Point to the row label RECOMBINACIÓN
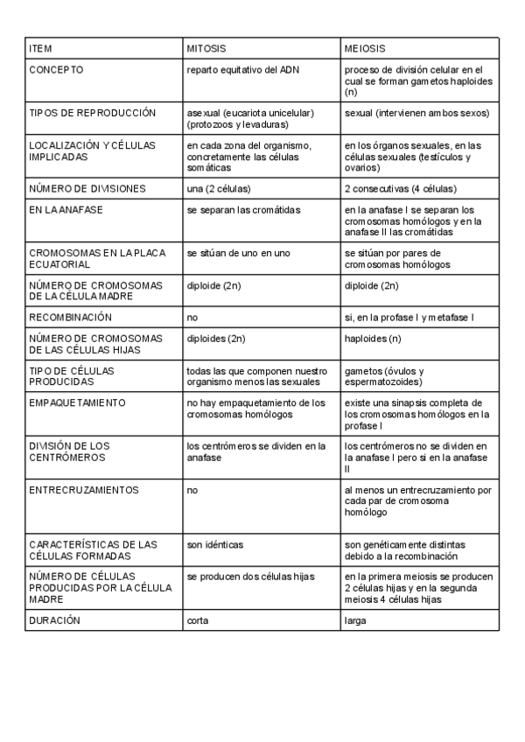coord(70,317)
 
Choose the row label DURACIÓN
coord(54,620)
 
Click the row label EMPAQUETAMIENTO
coord(77,402)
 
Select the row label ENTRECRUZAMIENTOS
coord(84,490)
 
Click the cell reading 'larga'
coord(355,620)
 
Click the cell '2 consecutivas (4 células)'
coord(400,188)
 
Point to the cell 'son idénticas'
coord(215,544)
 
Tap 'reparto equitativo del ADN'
coord(242,69)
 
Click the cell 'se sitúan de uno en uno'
coord(238,253)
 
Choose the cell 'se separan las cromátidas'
coord(243,210)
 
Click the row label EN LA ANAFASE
coord(66,210)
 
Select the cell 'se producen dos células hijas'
coord(250,577)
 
